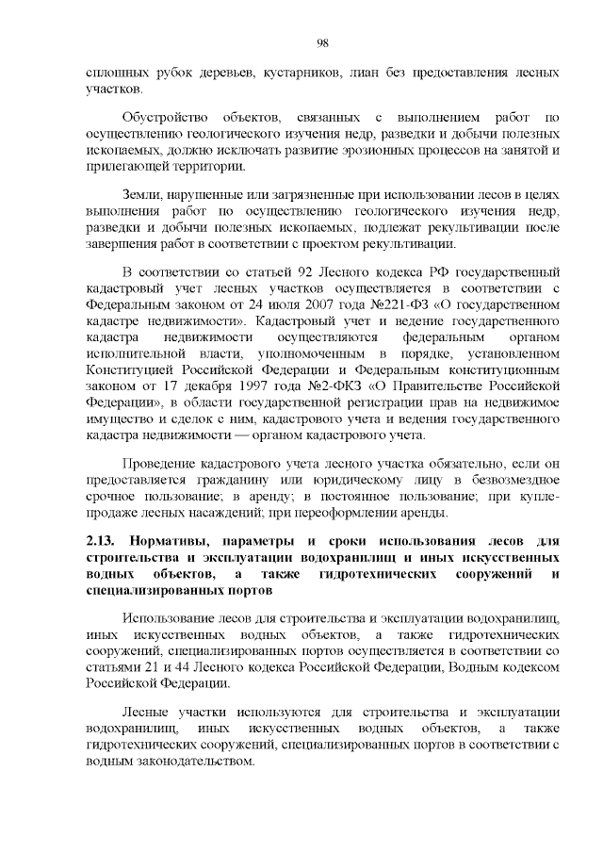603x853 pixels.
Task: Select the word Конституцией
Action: (129, 369)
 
